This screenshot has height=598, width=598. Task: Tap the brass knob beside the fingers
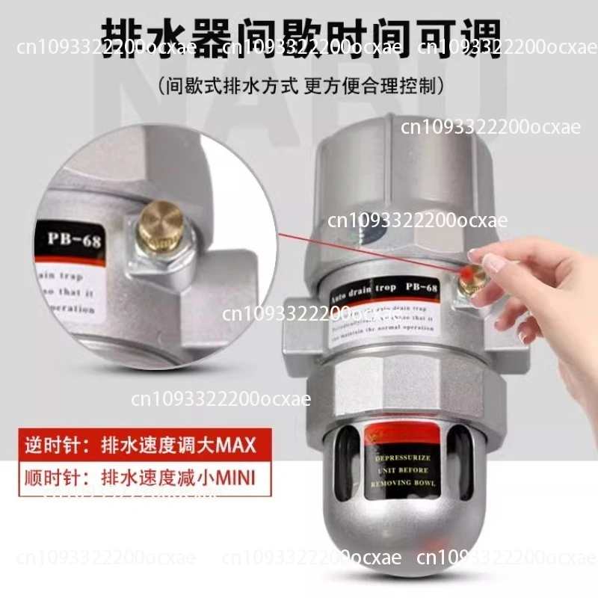(472, 279)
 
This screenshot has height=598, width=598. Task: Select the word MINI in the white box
(233, 476)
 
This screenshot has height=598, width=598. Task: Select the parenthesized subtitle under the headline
(299, 87)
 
